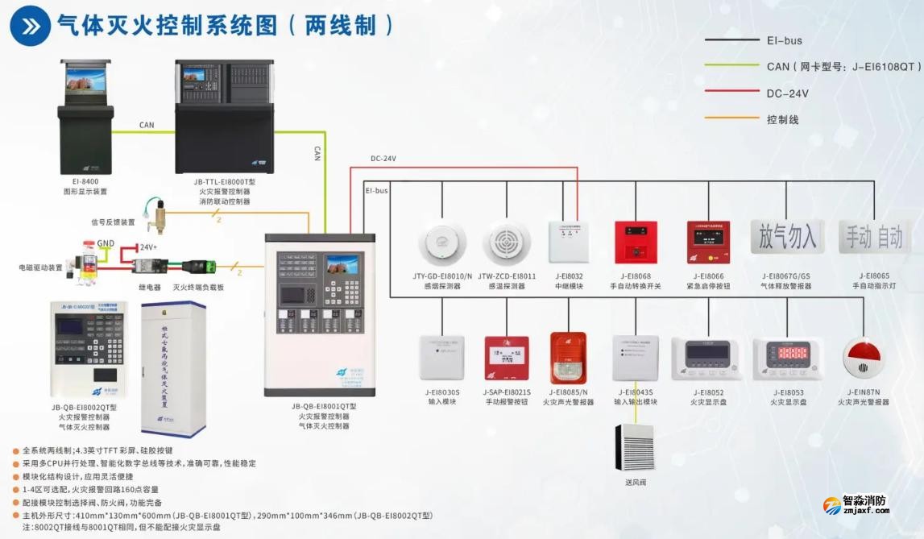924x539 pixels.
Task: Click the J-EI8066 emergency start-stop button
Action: (x=708, y=243)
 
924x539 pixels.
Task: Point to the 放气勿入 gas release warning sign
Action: (x=785, y=237)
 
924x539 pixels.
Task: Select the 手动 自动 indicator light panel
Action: (x=874, y=237)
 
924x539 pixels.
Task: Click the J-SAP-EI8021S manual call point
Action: (x=506, y=359)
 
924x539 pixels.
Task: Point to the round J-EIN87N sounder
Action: (x=863, y=359)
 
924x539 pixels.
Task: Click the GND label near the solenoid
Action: (x=106, y=242)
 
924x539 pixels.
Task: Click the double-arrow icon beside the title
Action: (x=30, y=25)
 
